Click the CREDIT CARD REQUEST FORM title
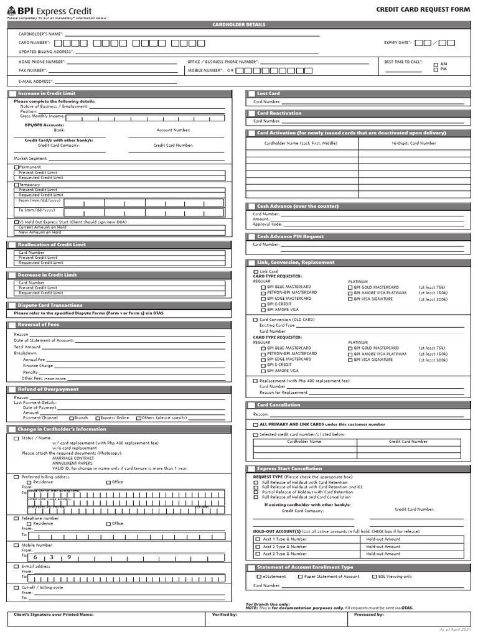tap(423, 10)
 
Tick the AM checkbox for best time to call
tap(436, 64)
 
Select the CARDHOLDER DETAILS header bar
tap(239, 25)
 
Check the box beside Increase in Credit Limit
tap(12, 93)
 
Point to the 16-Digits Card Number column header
tap(413, 143)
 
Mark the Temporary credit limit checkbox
tap(16, 185)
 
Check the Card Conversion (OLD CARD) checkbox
tap(255, 320)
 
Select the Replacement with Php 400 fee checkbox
tap(255, 381)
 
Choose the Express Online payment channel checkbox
tap(97, 418)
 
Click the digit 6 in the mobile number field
tap(35, 557)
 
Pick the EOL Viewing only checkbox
tap(374, 577)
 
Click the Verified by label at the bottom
tap(224, 614)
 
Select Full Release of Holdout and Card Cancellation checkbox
tap(256, 497)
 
